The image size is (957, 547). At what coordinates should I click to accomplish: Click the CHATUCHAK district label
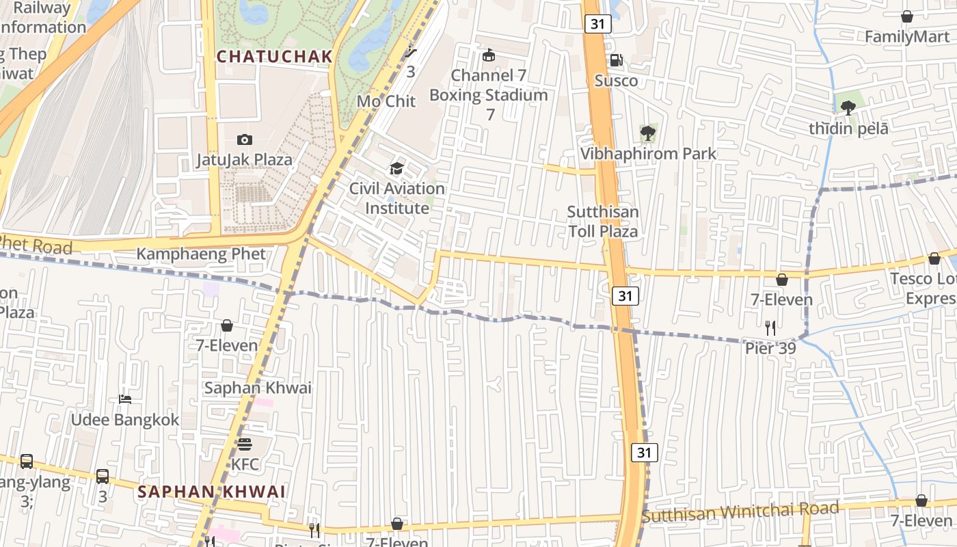tap(275, 57)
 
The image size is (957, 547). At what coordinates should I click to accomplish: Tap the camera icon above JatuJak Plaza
tap(244, 140)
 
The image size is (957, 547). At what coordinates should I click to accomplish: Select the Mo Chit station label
tap(386, 101)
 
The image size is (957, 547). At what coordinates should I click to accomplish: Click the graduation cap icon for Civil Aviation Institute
tap(396, 168)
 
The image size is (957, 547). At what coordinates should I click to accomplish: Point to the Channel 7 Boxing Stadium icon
tap(489, 55)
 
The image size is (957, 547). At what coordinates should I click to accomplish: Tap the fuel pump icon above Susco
tap(616, 61)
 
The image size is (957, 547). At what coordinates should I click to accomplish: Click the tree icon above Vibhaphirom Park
tap(647, 133)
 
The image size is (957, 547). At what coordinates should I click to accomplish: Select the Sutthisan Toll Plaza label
tap(604, 222)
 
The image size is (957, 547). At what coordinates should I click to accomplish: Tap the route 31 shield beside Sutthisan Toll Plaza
tap(625, 295)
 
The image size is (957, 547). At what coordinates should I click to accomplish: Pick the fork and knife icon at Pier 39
tap(770, 328)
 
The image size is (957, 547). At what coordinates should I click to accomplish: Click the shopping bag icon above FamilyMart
tap(907, 16)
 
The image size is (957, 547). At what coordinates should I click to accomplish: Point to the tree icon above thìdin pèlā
tap(848, 107)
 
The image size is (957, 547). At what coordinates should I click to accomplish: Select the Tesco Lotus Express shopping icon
tap(934, 258)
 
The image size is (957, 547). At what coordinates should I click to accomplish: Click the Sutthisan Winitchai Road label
tap(740, 511)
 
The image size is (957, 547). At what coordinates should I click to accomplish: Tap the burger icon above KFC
tap(245, 444)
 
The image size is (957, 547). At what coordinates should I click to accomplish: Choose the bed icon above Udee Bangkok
tap(124, 399)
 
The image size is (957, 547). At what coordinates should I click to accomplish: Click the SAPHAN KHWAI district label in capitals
tap(211, 492)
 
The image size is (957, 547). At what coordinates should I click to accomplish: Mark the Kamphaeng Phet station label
tap(201, 254)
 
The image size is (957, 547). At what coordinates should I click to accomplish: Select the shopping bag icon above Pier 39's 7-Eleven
tap(782, 279)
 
